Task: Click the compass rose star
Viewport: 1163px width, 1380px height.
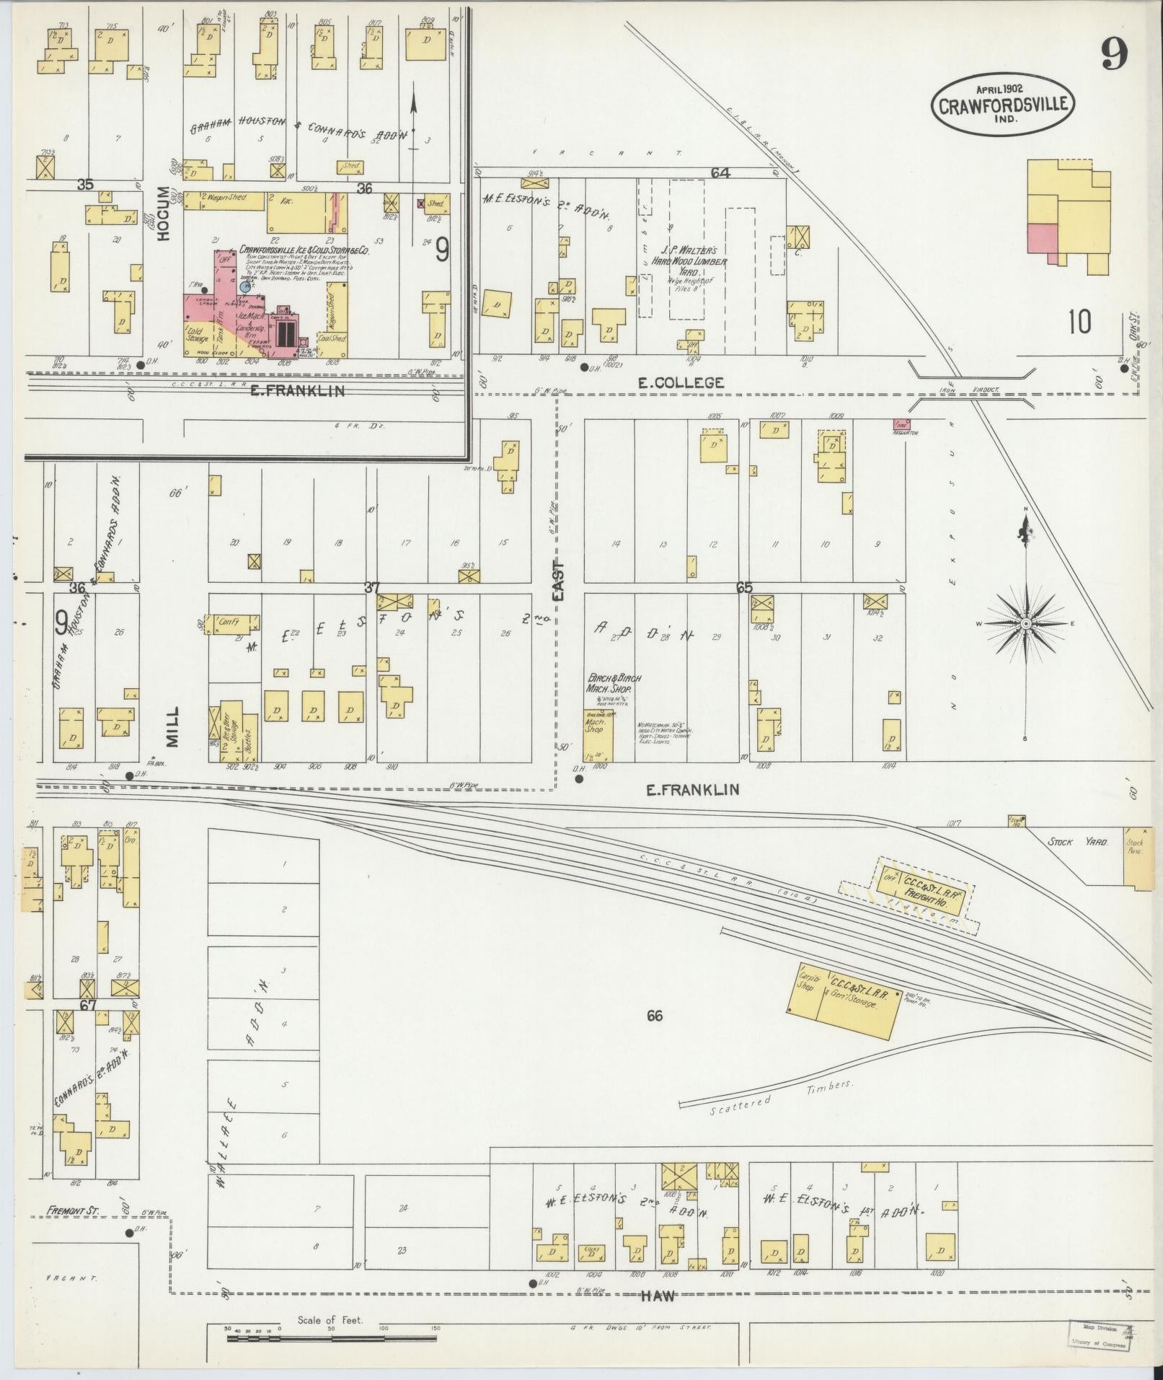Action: point(1025,623)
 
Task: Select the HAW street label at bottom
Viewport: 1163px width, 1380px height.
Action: point(658,1296)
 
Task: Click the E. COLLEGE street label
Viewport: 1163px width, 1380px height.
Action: point(680,383)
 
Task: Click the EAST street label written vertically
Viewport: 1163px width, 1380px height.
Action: point(560,581)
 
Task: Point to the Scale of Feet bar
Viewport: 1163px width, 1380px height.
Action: point(332,1337)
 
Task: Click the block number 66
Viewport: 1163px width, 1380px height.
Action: point(654,1016)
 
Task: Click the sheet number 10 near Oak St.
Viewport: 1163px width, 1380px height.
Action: point(1079,322)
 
